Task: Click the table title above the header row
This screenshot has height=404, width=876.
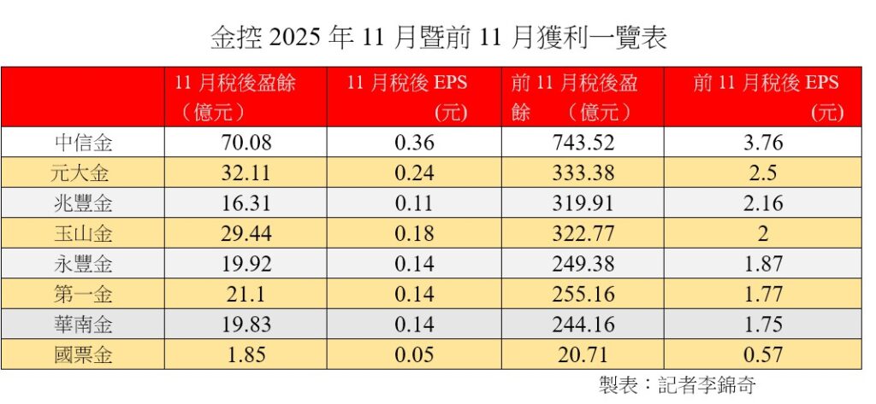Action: (x=439, y=38)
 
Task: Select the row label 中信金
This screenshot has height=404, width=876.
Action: (x=84, y=143)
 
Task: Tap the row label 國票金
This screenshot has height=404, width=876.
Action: (x=84, y=355)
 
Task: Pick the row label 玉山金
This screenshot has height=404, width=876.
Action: (x=84, y=233)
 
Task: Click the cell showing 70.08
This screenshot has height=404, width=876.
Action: (x=246, y=143)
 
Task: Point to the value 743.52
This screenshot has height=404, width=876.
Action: (x=583, y=143)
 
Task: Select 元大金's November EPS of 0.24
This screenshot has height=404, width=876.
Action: (x=414, y=173)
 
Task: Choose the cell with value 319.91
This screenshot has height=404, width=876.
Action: (x=583, y=203)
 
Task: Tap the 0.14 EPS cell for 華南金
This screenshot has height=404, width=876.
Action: (x=414, y=325)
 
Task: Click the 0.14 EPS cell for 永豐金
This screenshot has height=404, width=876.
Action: (x=414, y=264)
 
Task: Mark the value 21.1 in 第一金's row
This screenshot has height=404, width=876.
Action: (x=246, y=294)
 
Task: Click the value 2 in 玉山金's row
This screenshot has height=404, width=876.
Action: (x=762, y=233)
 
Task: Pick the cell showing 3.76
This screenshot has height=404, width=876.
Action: (x=762, y=143)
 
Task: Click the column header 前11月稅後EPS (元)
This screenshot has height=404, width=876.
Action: (x=766, y=97)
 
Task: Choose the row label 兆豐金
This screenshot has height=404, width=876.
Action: (x=84, y=203)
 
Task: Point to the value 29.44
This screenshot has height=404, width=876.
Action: (x=246, y=233)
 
